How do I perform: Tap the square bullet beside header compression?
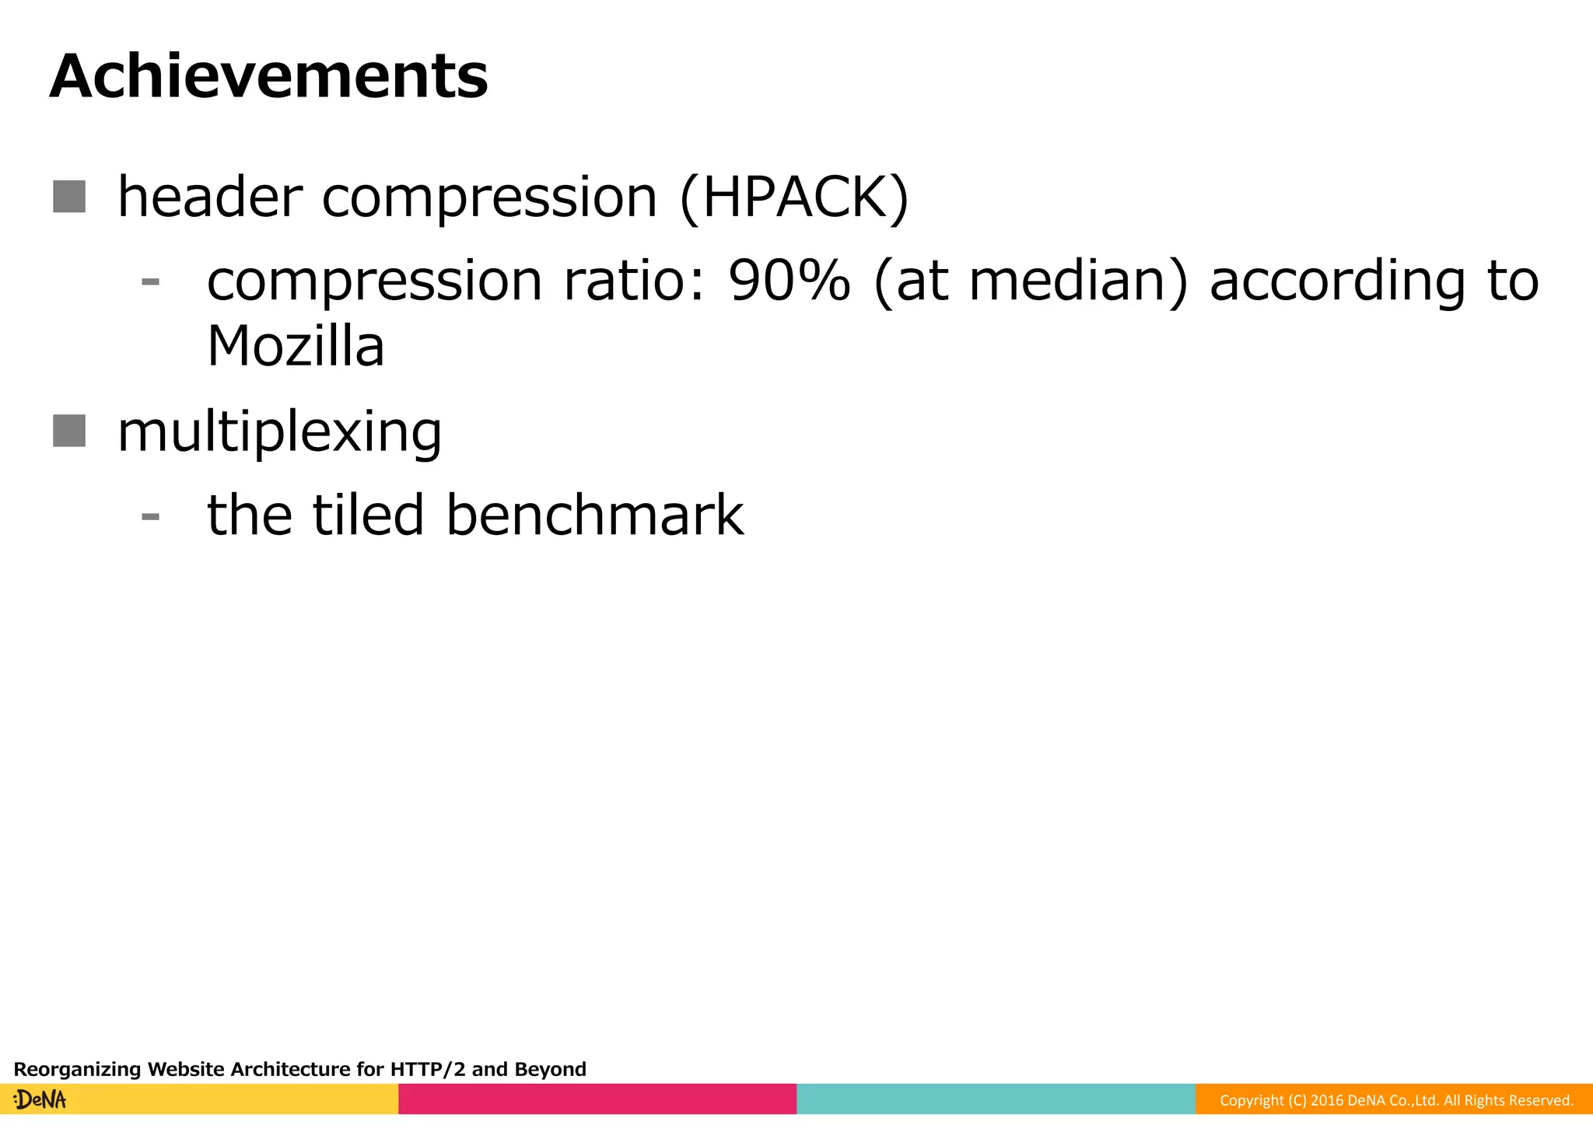(x=69, y=197)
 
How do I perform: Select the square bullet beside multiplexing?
(x=69, y=431)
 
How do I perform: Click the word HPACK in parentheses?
(x=793, y=197)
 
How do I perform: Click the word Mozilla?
(x=296, y=346)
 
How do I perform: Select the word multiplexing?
(x=279, y=432)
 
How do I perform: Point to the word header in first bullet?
(x=209, y=197)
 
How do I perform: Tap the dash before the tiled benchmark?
(x=151, y=516)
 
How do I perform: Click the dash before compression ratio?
(x=151, y=281)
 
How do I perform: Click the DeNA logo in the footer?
(x=40, y=1099)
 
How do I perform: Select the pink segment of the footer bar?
(x=597, y=1099)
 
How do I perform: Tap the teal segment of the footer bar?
(x=996, y=1099)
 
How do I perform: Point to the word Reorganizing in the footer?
(x=78, y=1070)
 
